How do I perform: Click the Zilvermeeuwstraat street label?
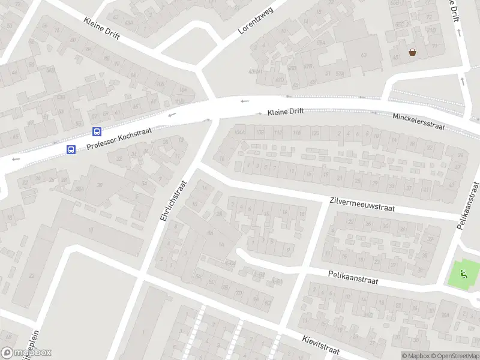361,205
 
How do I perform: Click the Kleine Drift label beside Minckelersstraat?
286,112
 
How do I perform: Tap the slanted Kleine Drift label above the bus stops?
101,28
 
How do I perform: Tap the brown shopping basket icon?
413,52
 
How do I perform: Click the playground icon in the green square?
463,274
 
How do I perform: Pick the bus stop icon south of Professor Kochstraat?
70,150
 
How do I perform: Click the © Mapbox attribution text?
416,356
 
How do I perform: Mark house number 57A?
340,74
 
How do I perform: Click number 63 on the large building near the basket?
363,55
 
